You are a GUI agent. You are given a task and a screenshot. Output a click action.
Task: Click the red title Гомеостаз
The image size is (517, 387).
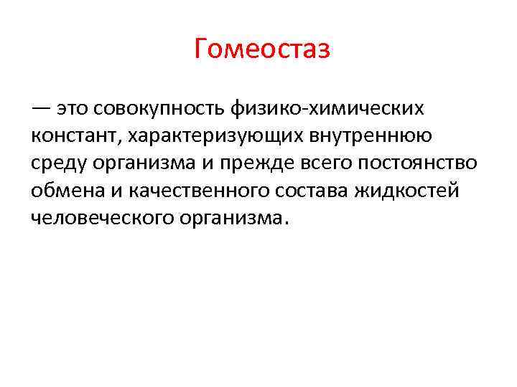coord(262,50)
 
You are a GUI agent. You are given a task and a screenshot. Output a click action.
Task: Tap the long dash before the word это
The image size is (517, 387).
coord(42,109)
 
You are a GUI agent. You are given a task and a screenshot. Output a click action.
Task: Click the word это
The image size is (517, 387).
coord(76,109)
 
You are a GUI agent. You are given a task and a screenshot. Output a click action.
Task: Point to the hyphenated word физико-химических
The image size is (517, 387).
coord(328,109)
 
